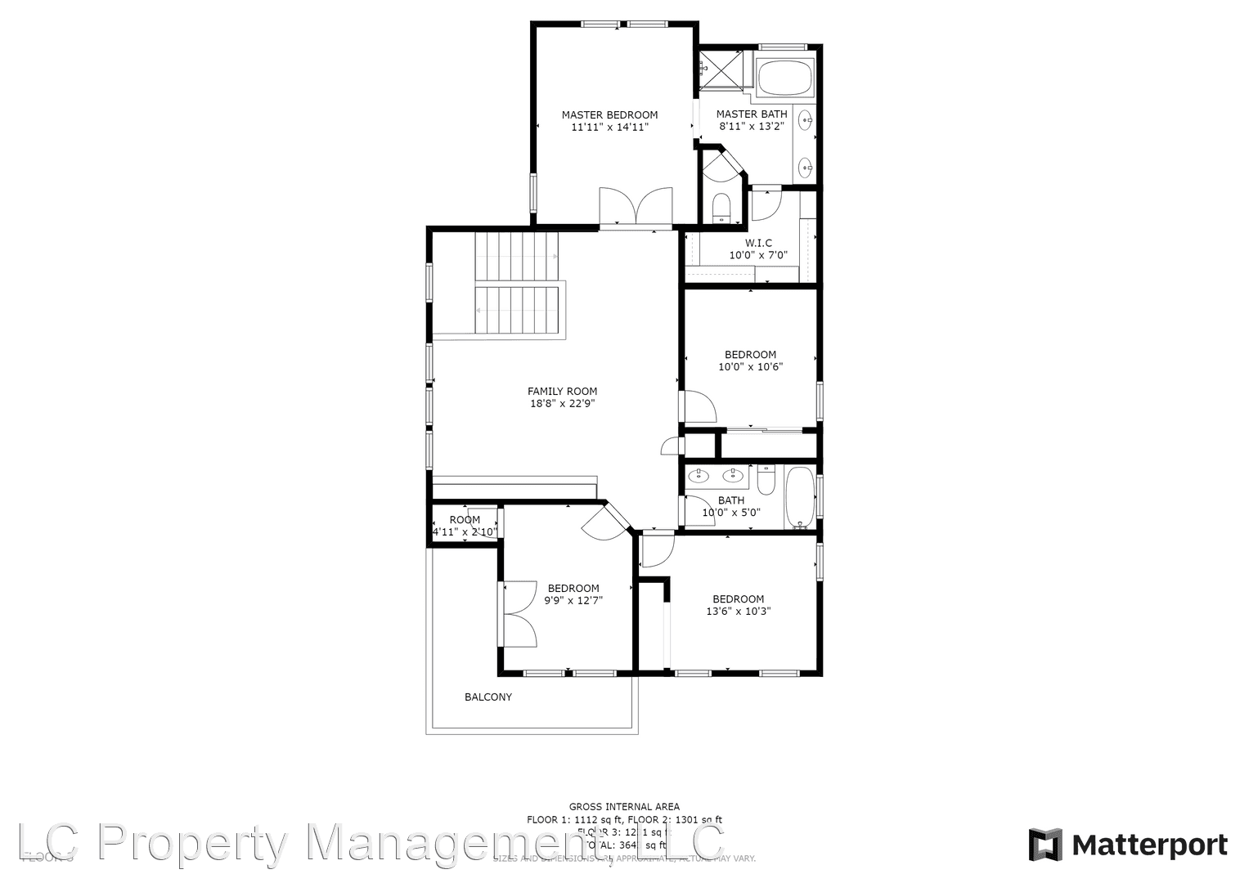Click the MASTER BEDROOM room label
pos(609,115)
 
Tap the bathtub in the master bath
pos(784,78)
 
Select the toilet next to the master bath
pos(721,208)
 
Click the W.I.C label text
pos(758,243)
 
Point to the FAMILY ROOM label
pos(562,392)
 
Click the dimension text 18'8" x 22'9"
pos(562,403)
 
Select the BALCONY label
pos(488,697)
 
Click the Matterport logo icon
pos(1045,845)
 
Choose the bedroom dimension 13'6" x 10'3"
pos(739,611)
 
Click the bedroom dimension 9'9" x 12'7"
pos(573,600)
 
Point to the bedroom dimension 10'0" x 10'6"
pos(750,367)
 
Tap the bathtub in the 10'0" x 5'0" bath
pos(799,496)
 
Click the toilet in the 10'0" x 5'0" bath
pos(766,481)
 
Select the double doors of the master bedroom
pos(636,208)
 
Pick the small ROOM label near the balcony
pos(465,520)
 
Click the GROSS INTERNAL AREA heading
pos(624,807)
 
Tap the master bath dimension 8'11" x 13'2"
pos(752,127)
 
